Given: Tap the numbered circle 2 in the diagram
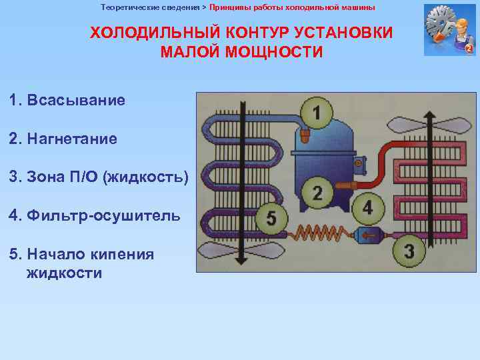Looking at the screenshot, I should [317, 193].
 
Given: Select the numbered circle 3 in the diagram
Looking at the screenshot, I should [409, 251].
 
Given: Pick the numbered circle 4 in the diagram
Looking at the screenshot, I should [368, 207].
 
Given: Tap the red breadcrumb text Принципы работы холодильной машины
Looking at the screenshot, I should [292, 7].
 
